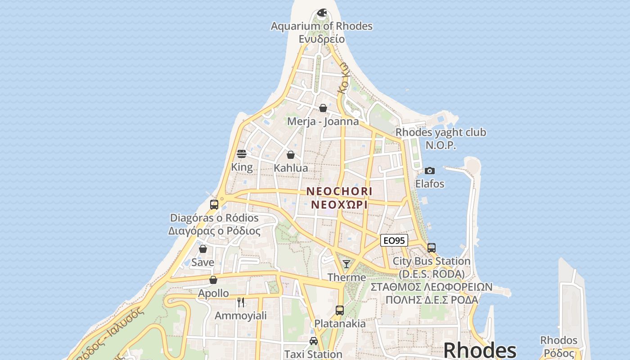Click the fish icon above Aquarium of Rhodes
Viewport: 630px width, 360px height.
(322, 13)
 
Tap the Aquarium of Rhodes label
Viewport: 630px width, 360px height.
(321, 26)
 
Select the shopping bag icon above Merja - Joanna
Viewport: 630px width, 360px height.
(323, 108)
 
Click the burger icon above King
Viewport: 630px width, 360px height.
(242, 154)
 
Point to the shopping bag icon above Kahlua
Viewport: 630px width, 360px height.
(291, 155)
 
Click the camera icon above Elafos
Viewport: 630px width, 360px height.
(430, 171)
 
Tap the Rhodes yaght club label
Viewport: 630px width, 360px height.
(441, 132)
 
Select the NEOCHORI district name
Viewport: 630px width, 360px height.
(339, 191)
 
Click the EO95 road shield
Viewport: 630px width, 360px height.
(394, 241)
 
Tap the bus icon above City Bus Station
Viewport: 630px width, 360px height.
(431, 248)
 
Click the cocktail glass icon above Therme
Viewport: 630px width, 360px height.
(346, 264)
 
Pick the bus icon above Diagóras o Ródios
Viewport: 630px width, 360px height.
(214, 205)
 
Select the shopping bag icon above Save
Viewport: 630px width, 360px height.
(203, 249)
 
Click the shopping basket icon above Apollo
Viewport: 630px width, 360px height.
(213, 280)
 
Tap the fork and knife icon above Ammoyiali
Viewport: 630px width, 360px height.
(241, 302)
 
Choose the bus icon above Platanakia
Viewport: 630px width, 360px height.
(340, 310)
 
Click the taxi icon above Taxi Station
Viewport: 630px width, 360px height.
(314, 341)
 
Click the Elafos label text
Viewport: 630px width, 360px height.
(430, 184)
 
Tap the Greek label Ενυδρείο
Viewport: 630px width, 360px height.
(322, 39)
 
